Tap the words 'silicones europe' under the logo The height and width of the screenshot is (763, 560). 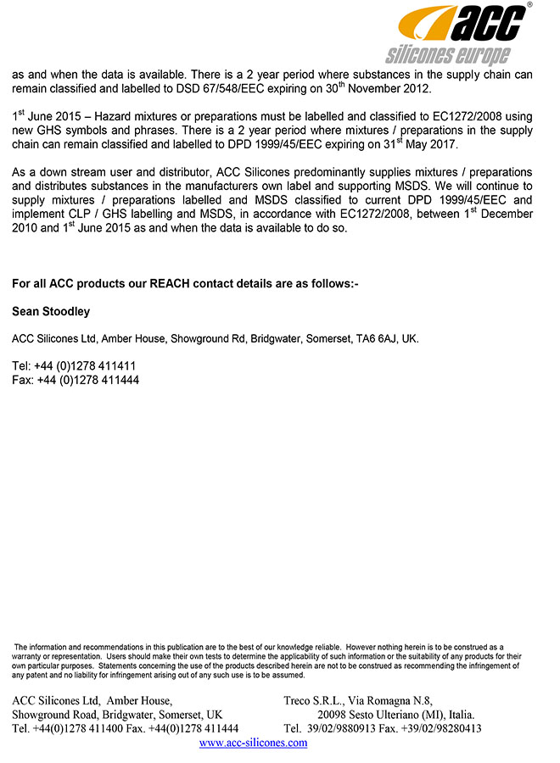coord(447,56)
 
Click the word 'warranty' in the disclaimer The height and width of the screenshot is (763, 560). coord(31,657)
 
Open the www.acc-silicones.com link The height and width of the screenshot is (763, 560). coord(253,743)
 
